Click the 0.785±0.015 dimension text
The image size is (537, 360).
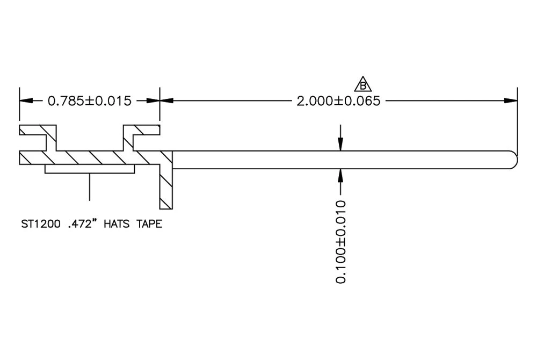[x=90, y=100]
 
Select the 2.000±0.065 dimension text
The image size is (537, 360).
[x=338, y=100]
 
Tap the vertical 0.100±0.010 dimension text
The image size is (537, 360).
[x=340, y=242]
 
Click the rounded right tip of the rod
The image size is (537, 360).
[x=514, y=160]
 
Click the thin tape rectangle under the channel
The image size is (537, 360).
[x=90, y=169]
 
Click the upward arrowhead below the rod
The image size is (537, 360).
[x=340, y=174]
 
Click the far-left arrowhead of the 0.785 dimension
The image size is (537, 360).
[x=24, y=100]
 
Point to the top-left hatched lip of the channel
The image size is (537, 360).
[x=37, y=130]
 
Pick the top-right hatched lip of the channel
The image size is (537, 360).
[x=142, y=130]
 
